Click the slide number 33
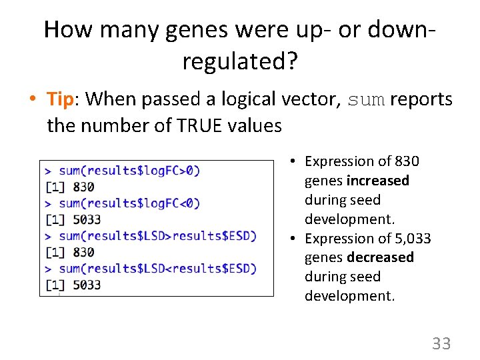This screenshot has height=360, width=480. click(x=441, y=344)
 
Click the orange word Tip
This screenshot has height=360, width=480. click(x=59, y=100)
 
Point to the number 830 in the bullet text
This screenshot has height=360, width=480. click(x=407, y=161)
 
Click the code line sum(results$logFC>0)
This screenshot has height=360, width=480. click(x=129, y=170)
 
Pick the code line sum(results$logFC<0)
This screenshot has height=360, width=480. click(x=129, y=203)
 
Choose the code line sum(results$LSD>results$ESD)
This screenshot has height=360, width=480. click(x=157, y=235)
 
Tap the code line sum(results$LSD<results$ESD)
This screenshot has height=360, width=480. click(x=157, y=268)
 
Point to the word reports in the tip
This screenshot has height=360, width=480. click(x=421, y=100)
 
